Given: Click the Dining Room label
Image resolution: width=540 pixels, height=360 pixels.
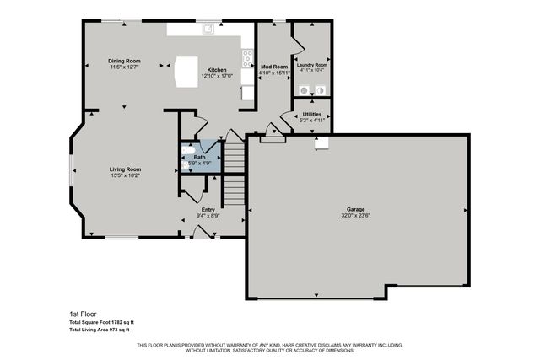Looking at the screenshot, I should (x=124, y=61).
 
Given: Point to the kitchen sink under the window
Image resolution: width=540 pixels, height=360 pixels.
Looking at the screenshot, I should (x=208, y=30).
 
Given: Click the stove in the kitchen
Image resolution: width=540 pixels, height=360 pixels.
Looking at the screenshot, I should (x=247, y=58).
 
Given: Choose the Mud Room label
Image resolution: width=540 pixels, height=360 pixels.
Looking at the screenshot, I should (x=273, y=65).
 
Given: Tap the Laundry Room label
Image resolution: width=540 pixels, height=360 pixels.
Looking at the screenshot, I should (x=311, y=65).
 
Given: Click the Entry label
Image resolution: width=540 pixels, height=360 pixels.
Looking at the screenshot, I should (x=208, y=210).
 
